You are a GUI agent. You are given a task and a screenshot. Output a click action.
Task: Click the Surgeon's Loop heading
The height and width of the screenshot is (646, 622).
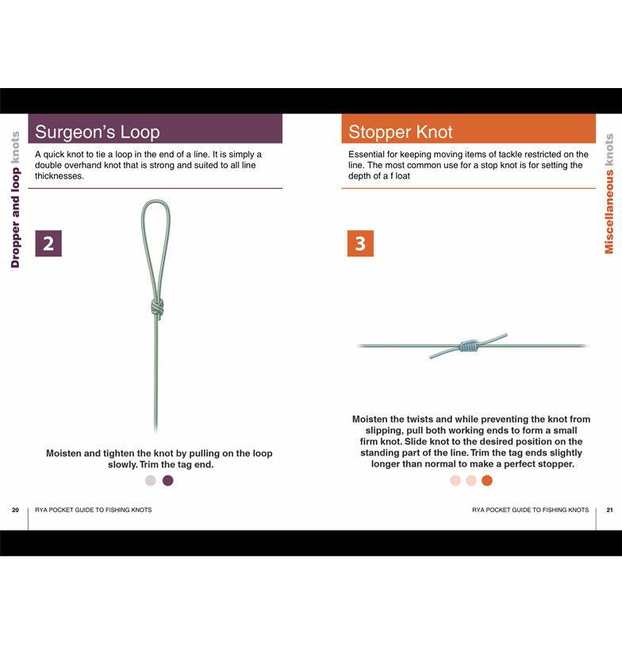click(x=97, y=132)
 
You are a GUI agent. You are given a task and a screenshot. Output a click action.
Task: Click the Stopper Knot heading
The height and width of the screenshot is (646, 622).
click(x=401, y=132)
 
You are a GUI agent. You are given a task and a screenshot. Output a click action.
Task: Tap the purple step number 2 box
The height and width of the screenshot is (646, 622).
click(x=48, y=244)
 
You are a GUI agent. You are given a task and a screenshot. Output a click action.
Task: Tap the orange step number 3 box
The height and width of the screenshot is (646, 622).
click(x=360, y=244)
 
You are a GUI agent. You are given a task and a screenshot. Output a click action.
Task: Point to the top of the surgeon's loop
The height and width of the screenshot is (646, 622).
click(x=155, y=202)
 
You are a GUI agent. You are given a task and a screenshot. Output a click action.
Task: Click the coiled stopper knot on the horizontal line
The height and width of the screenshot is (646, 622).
click(x=470, y=346)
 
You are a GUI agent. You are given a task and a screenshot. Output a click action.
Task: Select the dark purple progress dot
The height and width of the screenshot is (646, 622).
click(x=167, y=480)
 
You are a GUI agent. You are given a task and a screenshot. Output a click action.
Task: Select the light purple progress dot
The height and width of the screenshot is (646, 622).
click(x=151, y=480)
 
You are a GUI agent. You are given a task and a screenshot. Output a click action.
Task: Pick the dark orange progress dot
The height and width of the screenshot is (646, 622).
click(x=487, y=480)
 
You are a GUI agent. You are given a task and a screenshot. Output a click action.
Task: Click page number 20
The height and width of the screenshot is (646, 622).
click(x=15, y=510)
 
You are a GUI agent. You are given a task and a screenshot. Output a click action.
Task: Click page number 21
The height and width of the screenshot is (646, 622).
click(x=609, y=510)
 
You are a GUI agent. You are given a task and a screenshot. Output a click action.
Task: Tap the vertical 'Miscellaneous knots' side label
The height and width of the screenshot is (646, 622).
click(x=609, y=194)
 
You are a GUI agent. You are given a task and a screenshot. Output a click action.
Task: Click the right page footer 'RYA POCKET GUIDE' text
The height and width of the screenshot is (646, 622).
click(x=530, y=510)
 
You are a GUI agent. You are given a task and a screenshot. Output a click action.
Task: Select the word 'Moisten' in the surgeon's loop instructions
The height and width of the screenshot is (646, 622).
click(x=67, y=453)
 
